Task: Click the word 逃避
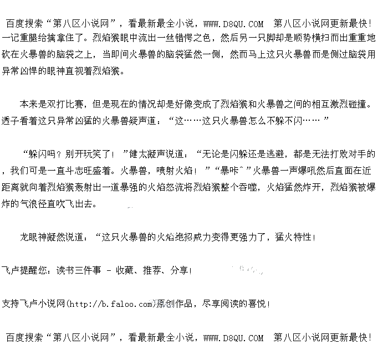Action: [277, 154]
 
